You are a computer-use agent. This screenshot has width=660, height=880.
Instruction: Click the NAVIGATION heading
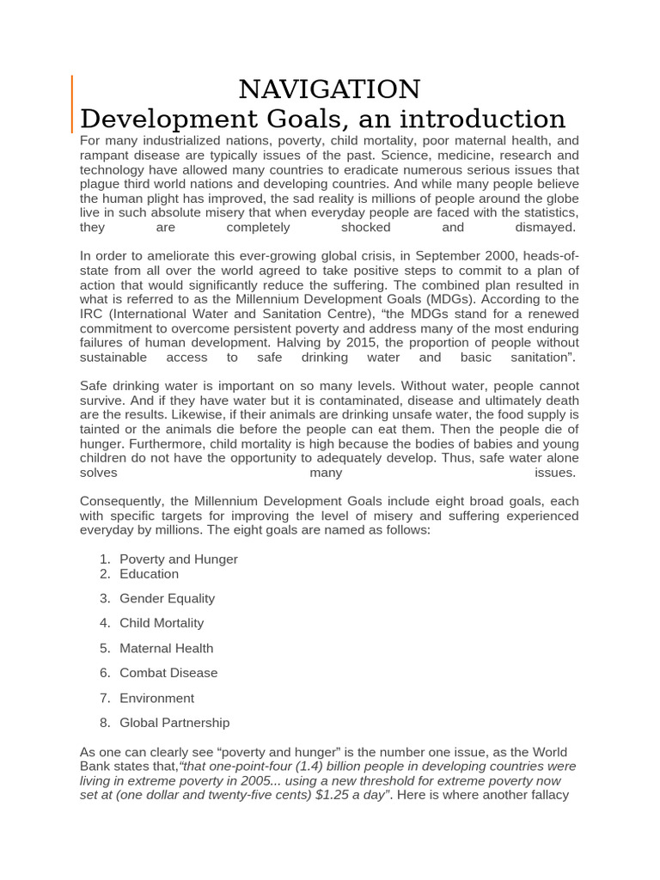(329, 89)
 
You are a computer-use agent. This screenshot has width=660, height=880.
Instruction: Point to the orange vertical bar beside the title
(71, 103)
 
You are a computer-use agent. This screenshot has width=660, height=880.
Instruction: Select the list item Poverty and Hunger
(179, 559)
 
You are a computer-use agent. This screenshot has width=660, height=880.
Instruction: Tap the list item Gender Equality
(167, 598)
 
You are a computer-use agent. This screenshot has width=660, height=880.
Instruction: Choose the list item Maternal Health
(166, 648)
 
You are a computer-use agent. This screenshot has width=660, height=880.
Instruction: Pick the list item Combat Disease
(168, 673)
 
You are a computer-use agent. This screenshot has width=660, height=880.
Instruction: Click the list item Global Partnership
(174, 723)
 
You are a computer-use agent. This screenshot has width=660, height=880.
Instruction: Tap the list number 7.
(104, 698)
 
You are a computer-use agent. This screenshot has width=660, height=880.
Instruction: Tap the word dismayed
(545, 228)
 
